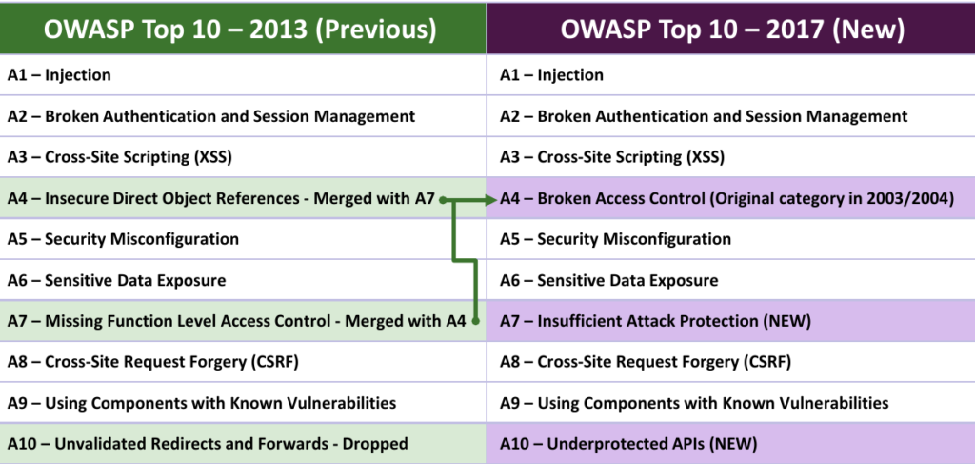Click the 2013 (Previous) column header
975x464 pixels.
pyautogui.click(x=243, y=28)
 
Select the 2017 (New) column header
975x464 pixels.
pyautogui.click(x=731, y=28)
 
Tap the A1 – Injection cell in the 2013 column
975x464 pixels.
pyautogui.click(x=243, y=74)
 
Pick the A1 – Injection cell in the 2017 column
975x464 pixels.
pyautogui.click(x=731, y=74)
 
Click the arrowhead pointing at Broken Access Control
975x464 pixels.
pyautogui.click(x=490, y=200)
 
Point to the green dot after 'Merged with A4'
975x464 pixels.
pyautogui.click(x=475, y=321)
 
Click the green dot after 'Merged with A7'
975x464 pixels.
pyautogui.click(x=443, y=200)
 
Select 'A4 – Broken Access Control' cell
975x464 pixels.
pyautogui.click(x=731, y=198)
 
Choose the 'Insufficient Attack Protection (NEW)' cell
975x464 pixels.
pyautogui.click(x=731, y=321)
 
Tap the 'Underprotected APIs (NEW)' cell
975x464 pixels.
pyautogui.click(x=731, y=444)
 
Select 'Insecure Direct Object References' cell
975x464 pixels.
pyautogui.click(x=243, y=198)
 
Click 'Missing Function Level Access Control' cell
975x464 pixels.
pyautogui.click(x=243, y=321)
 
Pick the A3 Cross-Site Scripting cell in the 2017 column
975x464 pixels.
pyautogui.click(x=731, y=157)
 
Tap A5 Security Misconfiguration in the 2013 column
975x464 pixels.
pyautogui.click(x=243, y=239)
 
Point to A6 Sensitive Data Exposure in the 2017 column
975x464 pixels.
pyautogui.click(x=731, y=280)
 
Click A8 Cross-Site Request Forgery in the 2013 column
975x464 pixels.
pyautogui.click(x=243, y=361)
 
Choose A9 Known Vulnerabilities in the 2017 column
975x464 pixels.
pyautogui.click(x=731, y=402)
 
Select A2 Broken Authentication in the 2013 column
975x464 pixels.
pyautogui.click(x=243, y=115)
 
